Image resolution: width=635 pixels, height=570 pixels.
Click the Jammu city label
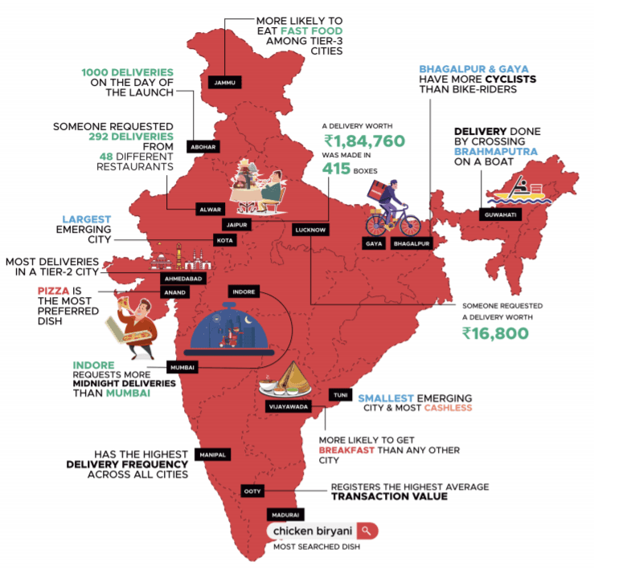coord(223,81)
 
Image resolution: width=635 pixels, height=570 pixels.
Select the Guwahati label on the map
coord(499,214)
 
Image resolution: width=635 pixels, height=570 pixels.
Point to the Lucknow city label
coord(310,230)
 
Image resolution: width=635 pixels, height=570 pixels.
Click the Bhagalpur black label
coord(413,243)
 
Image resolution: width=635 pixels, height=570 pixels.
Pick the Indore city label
coord(243,291)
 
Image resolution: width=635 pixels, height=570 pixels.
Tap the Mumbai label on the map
coord(181,367)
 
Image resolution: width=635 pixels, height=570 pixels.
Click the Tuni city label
coord(339,394)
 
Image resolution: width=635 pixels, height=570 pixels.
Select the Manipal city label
coord(213,454)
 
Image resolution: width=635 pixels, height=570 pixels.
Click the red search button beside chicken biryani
coord(366,531)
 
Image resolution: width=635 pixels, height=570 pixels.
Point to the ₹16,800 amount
coord(495,332)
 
